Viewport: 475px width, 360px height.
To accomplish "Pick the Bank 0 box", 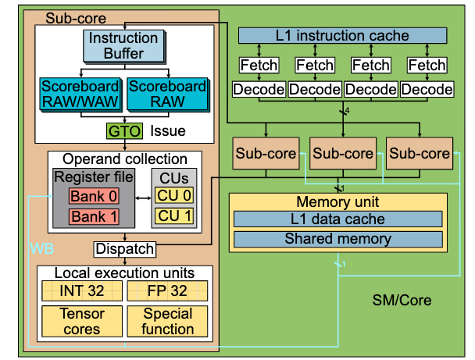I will [92, 194].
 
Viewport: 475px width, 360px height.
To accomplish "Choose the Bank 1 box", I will [92, 216].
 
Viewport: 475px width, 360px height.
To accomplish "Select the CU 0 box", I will [173, 194].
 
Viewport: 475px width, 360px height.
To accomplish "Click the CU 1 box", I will [173, 216].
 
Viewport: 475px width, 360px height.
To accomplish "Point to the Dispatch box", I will [124, 249].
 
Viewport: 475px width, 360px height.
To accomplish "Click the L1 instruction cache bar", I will [342, 35].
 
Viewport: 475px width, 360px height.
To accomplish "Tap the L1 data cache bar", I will [337, 220].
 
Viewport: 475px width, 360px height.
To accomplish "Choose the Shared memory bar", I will [337, 239].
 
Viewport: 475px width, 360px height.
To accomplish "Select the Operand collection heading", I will [124, 159].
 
